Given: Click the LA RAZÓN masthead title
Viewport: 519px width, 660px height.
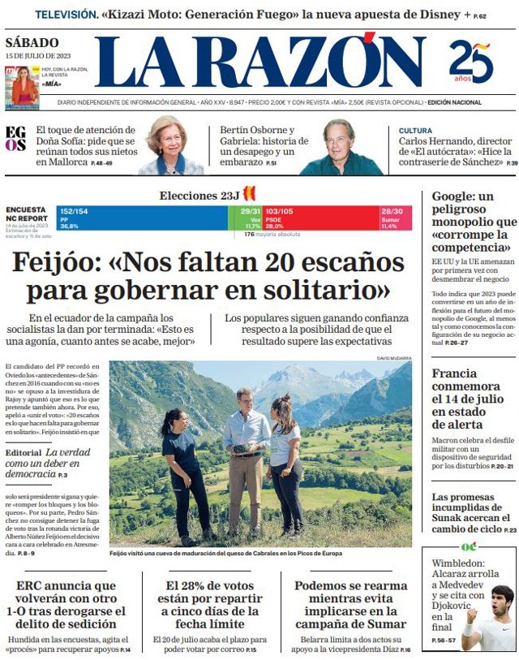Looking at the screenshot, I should coord(259,63).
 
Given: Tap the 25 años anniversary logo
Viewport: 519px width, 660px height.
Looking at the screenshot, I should coord(471,63).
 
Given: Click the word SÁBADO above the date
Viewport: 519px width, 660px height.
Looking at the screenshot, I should coord(32,42).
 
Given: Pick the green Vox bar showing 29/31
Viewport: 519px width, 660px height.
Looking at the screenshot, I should coord(251,218).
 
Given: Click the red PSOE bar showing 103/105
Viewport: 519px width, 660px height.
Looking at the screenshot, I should coord(320,218).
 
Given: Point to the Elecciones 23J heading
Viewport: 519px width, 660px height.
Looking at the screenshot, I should coord(199,196).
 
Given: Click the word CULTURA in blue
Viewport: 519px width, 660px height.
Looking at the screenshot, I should coord(415,130).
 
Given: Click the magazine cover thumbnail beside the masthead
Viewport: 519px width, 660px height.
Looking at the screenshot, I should coord(22,88).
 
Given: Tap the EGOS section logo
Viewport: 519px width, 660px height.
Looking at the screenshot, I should coord(15,139).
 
